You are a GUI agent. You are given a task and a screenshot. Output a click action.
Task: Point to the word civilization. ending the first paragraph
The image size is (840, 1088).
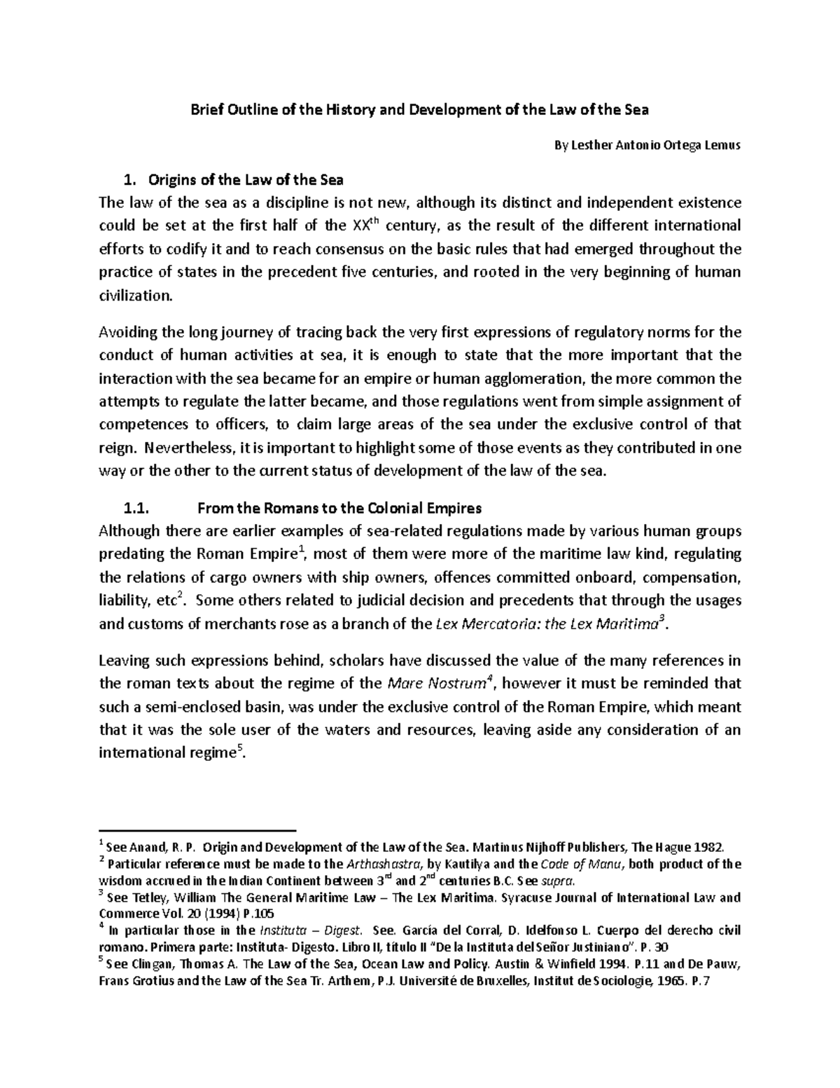[x=134, y=296]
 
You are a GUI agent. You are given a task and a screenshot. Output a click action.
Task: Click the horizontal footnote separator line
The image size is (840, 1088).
[x=198, y=827]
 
